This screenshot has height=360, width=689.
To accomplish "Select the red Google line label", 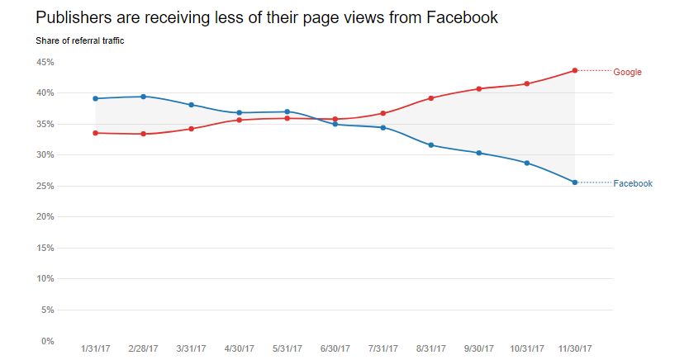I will click(x=627, y=73).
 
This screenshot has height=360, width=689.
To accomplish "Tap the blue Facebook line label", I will click(x=633, y=183).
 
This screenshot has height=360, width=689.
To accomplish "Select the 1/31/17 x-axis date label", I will click(x=96, y=348).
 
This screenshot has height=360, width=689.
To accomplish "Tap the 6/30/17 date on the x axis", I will click(x=335, y=348).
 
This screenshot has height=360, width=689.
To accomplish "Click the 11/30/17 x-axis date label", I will click(x=575, y=348).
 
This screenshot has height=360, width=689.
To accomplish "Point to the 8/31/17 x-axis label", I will click(x=431, y=348).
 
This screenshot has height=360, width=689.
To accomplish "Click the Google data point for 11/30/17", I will click(x=575, y=70).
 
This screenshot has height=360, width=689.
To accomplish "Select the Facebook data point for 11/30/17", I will click(x=575, y=182).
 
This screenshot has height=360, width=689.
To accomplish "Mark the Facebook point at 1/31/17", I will click(x=96, y=98).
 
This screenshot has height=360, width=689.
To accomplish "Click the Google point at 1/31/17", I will click(x=96, y=133).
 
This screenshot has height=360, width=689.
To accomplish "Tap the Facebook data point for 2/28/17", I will click(x=144, y=97).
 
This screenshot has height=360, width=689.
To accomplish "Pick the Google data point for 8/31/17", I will click(x=431, y=98).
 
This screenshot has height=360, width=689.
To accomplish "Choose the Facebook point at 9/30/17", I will click(x=479, y=153).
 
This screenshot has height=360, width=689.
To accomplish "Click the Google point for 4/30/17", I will click(x=240, y=120).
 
